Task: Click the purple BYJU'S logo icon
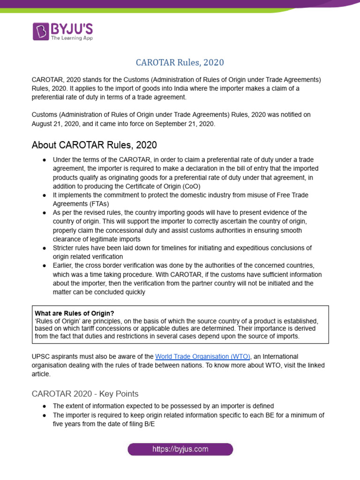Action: coord(40,31)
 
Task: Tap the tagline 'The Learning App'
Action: coord(71,38)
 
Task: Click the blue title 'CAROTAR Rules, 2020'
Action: coord(180,62)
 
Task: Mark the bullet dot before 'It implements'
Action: coord(44,195)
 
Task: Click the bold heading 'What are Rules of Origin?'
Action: coord(75,313)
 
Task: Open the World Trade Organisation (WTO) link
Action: coord(202,357)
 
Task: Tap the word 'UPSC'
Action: coord(41,357)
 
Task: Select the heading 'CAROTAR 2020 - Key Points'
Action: coord(85,393)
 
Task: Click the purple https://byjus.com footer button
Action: coord(180,450)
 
